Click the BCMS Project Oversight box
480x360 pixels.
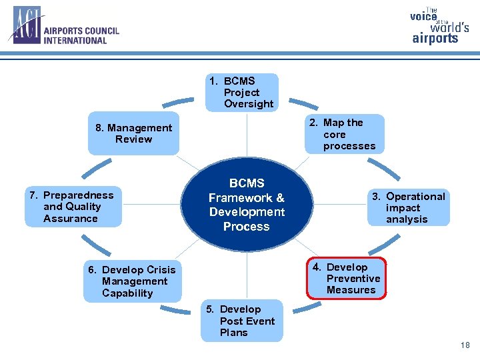click(x=242, y=93)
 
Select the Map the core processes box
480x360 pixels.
click(x=345, y=134)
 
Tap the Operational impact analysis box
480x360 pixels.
click(x=407, y=207)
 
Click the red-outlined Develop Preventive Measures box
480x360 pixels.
click(x=346, y=279)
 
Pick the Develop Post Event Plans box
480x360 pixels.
click(x=241, y=321)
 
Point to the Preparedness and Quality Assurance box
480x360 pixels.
click(x=75, y=207)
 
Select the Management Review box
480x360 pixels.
click(x=133, y=133)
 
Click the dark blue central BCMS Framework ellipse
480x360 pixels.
click(x=246, y=205)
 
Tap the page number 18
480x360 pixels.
click(x=465, y=345)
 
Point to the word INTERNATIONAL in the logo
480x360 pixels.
click(x=75, y=40)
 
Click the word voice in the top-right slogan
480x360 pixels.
click(x=423, y=17)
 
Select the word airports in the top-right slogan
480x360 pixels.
click(x=435, y=38)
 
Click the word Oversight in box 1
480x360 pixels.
click(x=249, y=104)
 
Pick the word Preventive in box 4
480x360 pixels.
click(x=353, y=279)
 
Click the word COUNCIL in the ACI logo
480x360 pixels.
click(x=101, y=31)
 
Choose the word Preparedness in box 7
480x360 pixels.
click(x=78, y=195)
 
